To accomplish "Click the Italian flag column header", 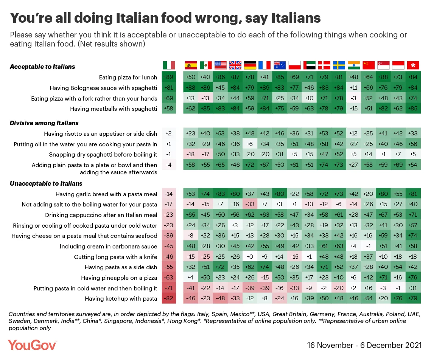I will coord(169,65).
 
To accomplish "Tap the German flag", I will coord(250,65).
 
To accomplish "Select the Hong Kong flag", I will coord(413,65).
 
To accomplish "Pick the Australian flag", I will coord(280,65).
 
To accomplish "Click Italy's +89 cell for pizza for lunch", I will coord(169,77).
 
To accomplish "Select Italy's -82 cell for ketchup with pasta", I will coord(169,299).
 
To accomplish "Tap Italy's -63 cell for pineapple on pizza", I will coord(169,278).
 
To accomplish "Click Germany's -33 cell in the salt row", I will coord(250,205).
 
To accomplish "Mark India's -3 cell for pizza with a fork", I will coord(354,99).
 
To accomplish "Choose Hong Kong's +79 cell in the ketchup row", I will coord(413,299).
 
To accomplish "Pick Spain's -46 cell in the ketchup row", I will coord(191,299).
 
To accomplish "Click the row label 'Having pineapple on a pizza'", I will coord(119,278).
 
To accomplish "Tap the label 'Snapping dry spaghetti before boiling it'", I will coord(103,155).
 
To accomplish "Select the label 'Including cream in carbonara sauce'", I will coord(108,247).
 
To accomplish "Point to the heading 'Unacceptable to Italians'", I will coord(46,183).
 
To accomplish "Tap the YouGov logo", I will coord(33,344).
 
